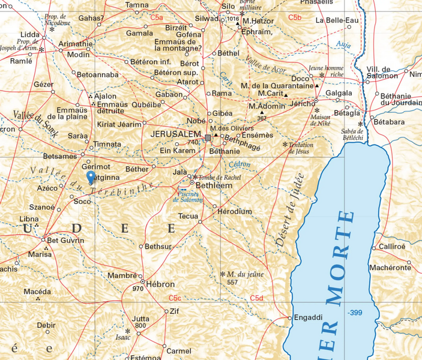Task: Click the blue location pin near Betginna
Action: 91,178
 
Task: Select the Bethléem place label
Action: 214,186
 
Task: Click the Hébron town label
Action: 160,284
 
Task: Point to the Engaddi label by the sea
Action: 310,317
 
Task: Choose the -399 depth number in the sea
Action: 355,313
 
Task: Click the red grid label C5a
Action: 157,18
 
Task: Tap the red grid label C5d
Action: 257,298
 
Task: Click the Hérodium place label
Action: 235,211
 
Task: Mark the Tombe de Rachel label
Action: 220,177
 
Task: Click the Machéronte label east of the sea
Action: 390,267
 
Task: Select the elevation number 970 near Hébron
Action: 137,289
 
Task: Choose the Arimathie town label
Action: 75,43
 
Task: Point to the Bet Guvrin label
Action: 65,241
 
